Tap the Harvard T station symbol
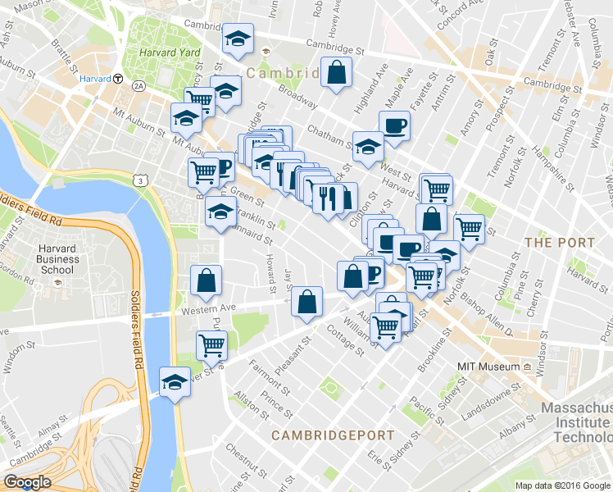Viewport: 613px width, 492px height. click(118, 80)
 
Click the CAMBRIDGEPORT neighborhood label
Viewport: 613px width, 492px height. click(333, 435)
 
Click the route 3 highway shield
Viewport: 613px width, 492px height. click(143, 180)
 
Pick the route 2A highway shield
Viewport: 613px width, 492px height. click(138, 85)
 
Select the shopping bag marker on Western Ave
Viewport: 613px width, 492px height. click(307, 301)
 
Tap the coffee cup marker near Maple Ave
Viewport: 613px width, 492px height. click(394, 125)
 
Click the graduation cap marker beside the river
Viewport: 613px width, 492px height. click(174, 381)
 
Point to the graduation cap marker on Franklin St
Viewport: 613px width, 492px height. click(220, 211)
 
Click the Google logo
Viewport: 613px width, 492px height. click(28, 482)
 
